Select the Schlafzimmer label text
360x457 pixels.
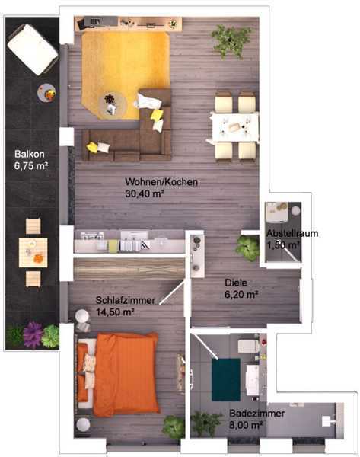[126, 300]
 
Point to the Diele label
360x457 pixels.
[236, 283]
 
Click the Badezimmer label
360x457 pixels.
[257, 414]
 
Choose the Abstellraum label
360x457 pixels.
[292, 233]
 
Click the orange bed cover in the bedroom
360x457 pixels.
[127, 374]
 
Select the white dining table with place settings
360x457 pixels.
[234, 127]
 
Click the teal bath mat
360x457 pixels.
[226, 379]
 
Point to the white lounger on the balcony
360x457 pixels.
[32, 50]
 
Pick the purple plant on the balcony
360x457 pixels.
[33, 334]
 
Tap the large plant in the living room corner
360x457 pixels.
[231, 40]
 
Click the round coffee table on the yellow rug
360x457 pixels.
[112, 104]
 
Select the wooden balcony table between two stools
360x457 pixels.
[33, 252]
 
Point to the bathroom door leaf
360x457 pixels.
[205, 347]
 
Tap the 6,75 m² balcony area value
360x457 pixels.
[31, 166]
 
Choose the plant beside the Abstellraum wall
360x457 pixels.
[247, 248]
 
